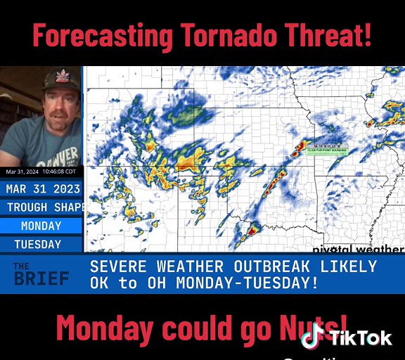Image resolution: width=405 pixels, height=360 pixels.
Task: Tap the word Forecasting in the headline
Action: tap(103, 35)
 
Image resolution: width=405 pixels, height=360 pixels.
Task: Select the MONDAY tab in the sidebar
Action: tap(41, 226)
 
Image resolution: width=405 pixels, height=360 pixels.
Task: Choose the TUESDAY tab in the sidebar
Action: tap(38, 244)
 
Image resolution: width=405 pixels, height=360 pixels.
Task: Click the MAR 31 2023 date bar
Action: tap(41, 188)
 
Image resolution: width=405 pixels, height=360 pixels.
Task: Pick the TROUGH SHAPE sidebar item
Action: tap(44, 207)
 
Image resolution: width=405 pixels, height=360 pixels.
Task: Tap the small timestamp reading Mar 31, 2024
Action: tap(41, 172)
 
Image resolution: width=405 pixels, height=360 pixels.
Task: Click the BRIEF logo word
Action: tap(41, 278)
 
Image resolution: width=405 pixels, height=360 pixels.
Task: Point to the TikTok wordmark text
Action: tap(361, 338)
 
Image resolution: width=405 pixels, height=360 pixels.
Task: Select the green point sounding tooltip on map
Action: tap(327, 148)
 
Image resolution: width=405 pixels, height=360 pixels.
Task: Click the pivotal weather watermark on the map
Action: tap(359, 249)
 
